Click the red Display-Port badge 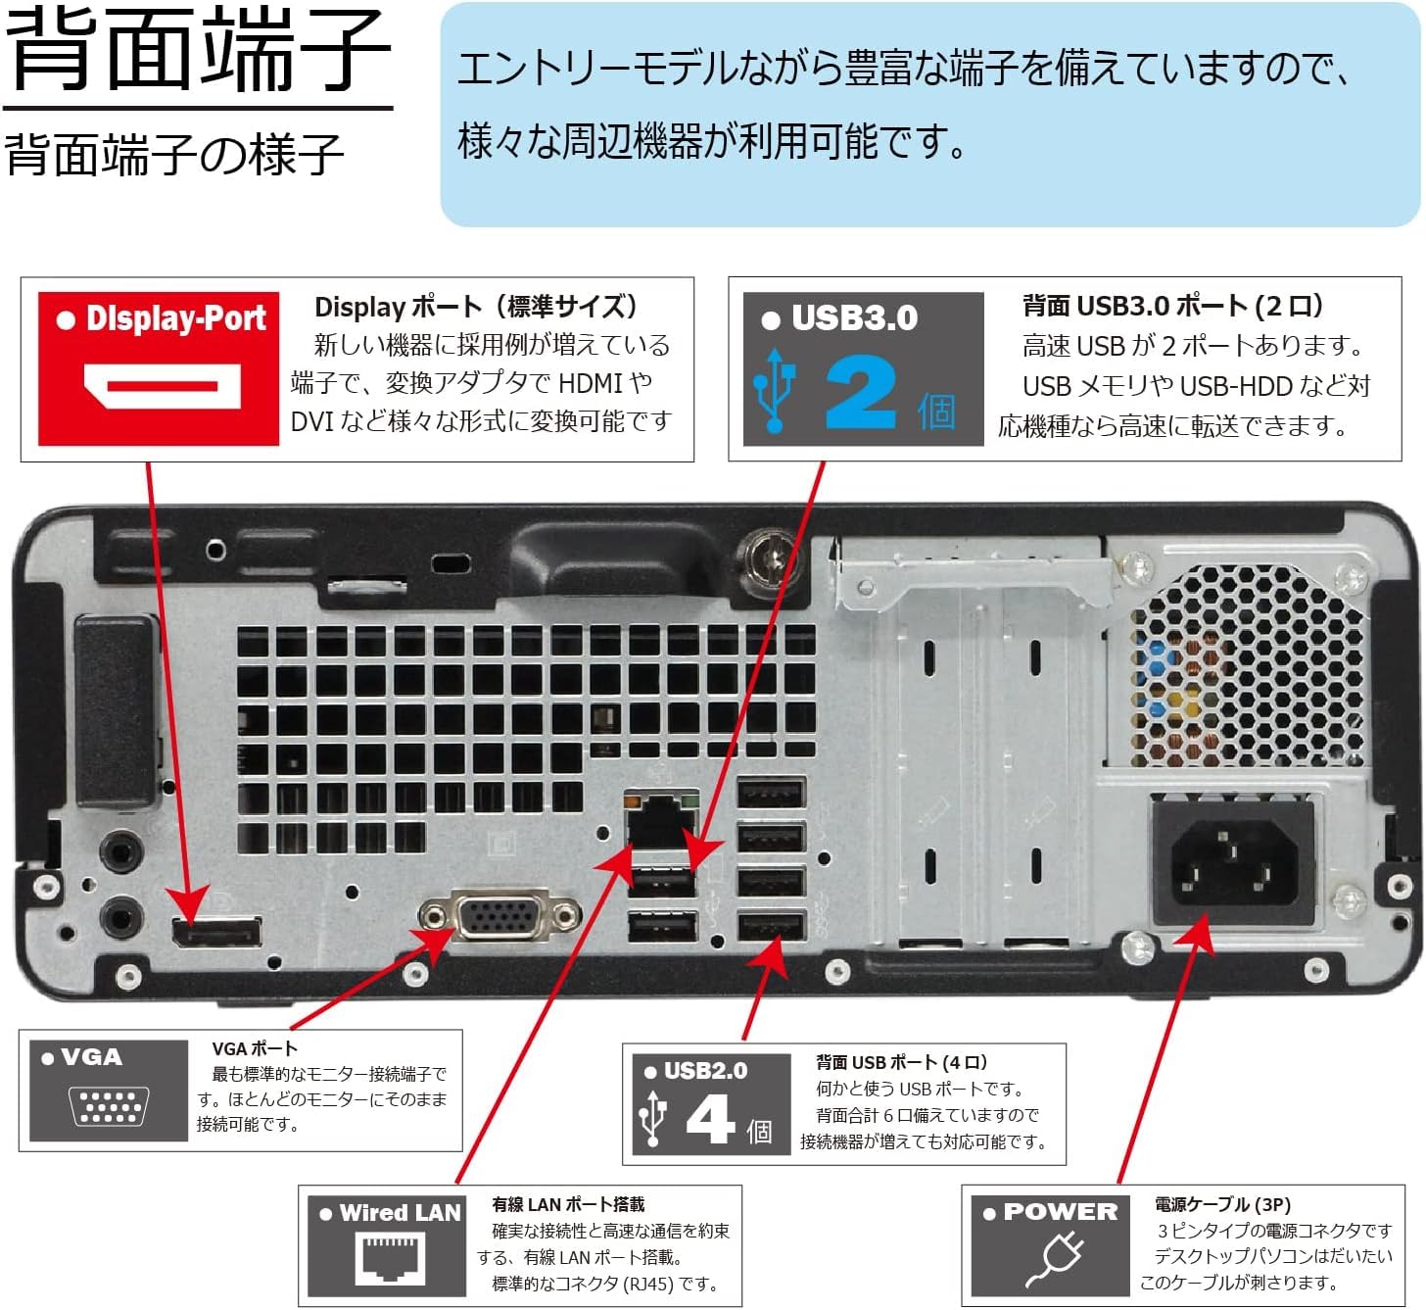pyautogui.click(x=159, y=368)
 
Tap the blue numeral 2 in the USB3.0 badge pyautogui.click(x=859, y=393)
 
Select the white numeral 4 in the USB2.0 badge pyautogui.click(x=710, y=1118)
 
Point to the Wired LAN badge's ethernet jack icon pyautogui.click(x=387, y=1257)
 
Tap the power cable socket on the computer pyautogui.click(x=1233, y=862)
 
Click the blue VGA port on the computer pyautogui.click(x=499, y=917)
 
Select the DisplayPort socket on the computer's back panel pyautogui.click(x=217, y=932)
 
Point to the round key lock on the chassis pyautogui.click(x=770, y=558)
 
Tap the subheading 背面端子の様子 pyautogui.click(x=174, y=155)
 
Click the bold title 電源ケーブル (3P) pyautogui.click(x=1222, y=1204)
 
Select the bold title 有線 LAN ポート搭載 pyautogui.click(x=568, y=1204)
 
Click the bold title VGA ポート pyautogui.click(x=255, y=1048)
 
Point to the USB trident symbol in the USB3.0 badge pyautogui.click(x=774, y=390)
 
